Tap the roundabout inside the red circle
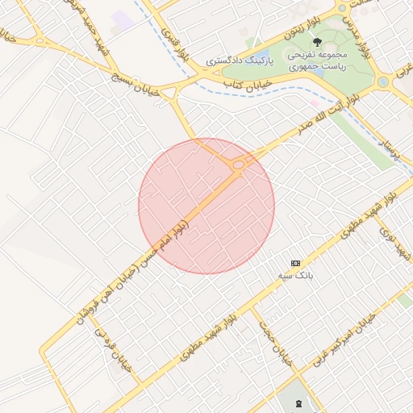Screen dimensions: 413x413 coord(239,165)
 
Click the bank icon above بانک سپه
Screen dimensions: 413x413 coord(296,263)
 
